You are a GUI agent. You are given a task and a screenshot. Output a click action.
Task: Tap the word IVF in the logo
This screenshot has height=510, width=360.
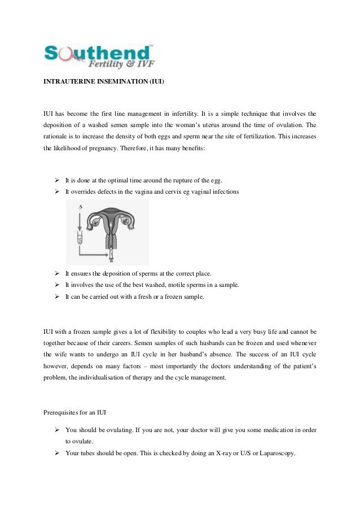pyautogui.click(x=144, y=63)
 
